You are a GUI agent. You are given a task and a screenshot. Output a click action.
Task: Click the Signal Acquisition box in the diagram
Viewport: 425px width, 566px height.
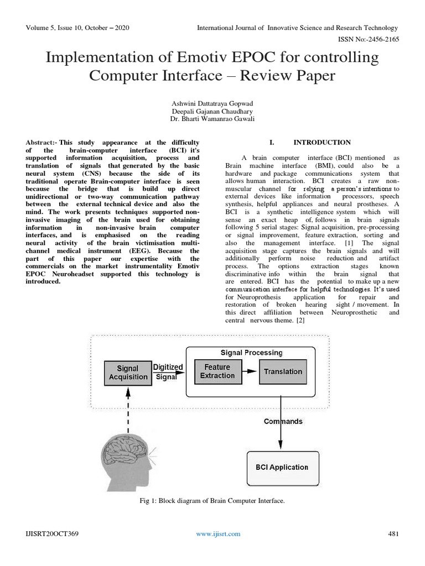tap(128, 373)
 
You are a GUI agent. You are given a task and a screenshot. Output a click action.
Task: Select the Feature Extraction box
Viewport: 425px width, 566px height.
tap(217, 371)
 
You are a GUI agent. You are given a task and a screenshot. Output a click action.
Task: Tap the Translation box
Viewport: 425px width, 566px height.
tap(283, 371)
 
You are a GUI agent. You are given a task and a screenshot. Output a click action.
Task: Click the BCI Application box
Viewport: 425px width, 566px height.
tap(282, 467)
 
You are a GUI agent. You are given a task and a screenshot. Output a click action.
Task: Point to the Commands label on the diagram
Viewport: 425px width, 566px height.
tap(283, 421)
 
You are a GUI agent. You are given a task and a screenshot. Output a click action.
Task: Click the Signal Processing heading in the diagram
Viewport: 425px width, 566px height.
tap(251, 352)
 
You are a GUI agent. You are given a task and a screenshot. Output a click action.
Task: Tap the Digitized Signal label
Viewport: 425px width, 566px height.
tap(167, 371)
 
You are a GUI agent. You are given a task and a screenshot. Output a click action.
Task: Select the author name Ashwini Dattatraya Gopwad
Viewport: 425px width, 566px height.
tap(212, 103)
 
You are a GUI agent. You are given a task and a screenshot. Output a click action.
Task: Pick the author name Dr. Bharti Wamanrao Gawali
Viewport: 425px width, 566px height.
tap(212, 119)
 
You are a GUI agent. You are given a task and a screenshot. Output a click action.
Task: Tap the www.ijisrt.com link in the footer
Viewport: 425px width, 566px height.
tap(219, 533)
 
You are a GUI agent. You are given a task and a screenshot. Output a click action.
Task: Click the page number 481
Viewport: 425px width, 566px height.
tap(391, 533)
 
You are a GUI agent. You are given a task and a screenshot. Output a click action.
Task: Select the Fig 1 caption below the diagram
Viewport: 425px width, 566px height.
tap(212, 501)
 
